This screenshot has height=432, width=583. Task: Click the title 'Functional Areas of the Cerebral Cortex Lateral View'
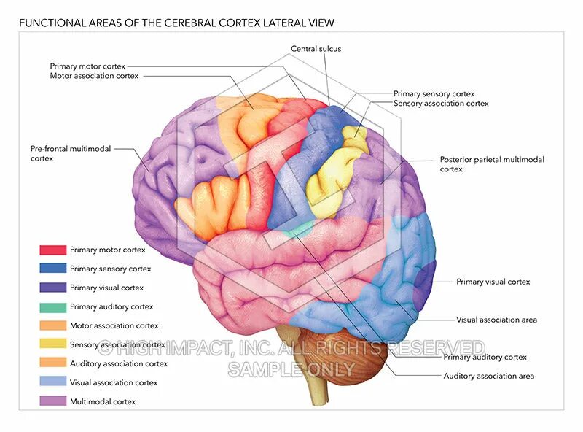[x=176, y=23]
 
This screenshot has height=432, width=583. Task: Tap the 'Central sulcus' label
[x=316, y=49]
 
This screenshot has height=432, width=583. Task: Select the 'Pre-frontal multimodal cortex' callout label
[x=70, y=153]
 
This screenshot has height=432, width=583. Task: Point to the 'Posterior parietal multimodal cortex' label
[x=491, y=164]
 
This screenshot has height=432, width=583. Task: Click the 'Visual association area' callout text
[x=496, y=320]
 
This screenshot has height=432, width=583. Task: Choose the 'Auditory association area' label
[x=488, y=376]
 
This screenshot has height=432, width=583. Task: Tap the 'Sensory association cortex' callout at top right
[x=440, y=104]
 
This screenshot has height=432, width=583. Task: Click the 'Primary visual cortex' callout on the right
[x=493, y=282]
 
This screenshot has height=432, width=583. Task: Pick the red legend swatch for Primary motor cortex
[x=52, y=250]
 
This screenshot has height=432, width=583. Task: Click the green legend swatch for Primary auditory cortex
[x=52, y=306]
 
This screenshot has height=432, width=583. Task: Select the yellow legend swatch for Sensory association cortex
[x=52, y=344]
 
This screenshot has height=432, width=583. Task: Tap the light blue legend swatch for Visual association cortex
[x=52, y=382]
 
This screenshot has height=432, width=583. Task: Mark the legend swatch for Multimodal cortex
[x=52, y=401]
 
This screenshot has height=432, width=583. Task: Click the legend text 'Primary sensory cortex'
[x=110, y=269]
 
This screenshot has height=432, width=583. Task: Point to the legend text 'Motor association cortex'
[x=114, y=325]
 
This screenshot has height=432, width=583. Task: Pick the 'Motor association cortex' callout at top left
[x=94, y=76]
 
